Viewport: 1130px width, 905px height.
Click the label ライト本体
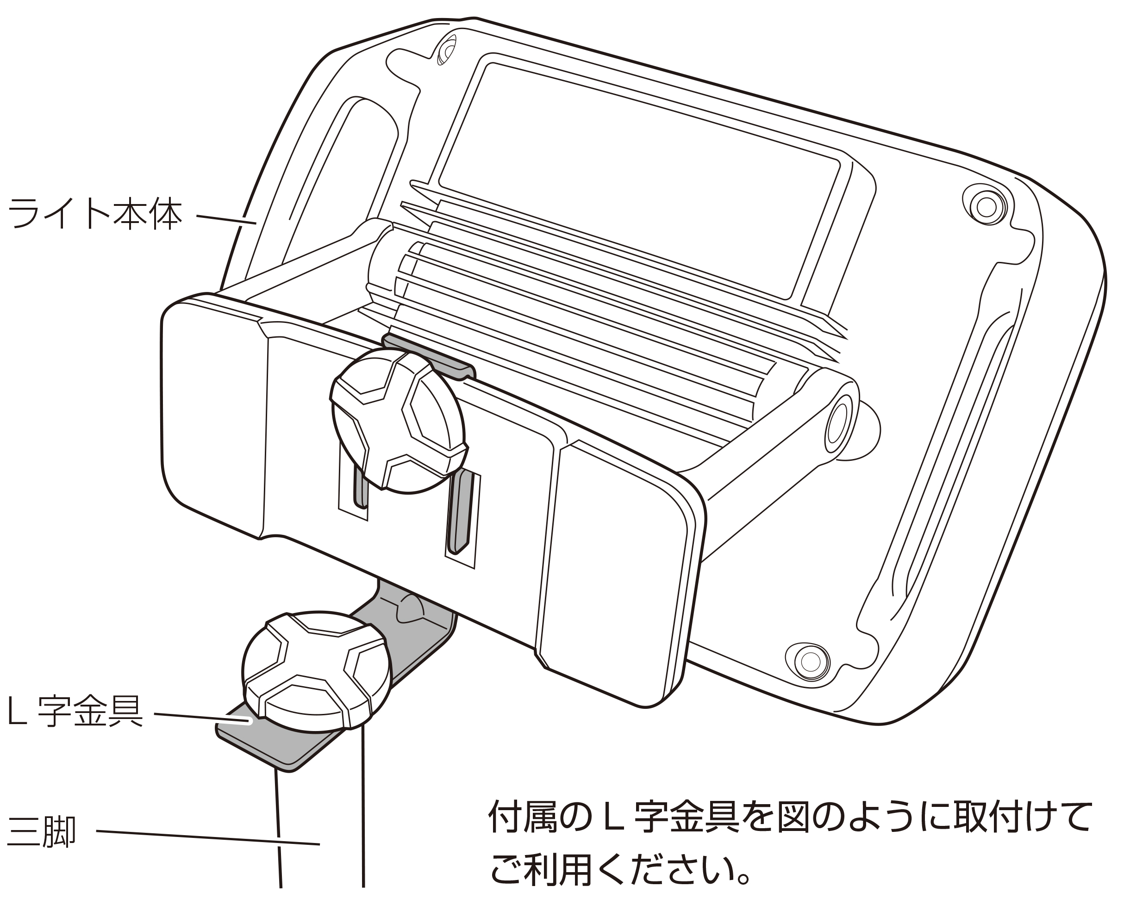[94, 214]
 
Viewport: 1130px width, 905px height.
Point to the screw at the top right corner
[986, 207]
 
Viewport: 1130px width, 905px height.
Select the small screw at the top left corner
[447, 51]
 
